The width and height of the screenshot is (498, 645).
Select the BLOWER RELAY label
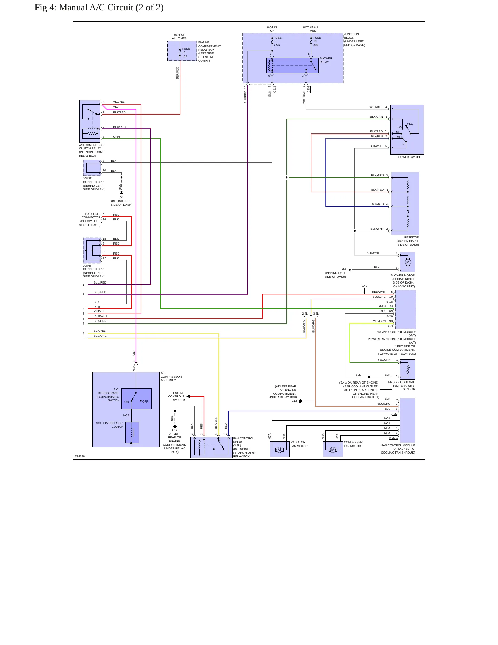click(326, 60)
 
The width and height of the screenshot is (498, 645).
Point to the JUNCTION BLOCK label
click(354, 40)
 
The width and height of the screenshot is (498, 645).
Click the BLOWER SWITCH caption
click(409, 157)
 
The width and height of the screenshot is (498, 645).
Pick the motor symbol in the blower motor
click(408, 262)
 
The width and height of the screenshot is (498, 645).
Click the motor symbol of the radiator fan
click(280, 450)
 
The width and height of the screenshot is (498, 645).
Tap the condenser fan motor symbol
click(333, 450)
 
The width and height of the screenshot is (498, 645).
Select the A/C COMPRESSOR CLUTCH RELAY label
click(92, 150)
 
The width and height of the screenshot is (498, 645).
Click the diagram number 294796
click(80, 456)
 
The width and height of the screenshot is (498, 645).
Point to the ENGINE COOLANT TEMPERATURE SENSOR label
click(402, 386)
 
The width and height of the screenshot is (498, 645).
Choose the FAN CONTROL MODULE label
click(398, 449)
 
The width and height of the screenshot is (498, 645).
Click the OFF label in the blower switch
click(410, 124)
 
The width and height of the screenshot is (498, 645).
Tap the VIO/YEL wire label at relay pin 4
click(119, 102)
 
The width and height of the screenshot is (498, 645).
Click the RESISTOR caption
click(411, 237)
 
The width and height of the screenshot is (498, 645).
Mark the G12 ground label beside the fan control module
click(294, 401)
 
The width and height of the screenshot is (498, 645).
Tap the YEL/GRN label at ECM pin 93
click(379, 321)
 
